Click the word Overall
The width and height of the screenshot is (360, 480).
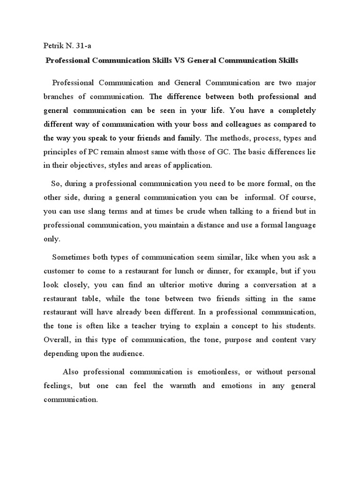(x=56, y=339)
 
